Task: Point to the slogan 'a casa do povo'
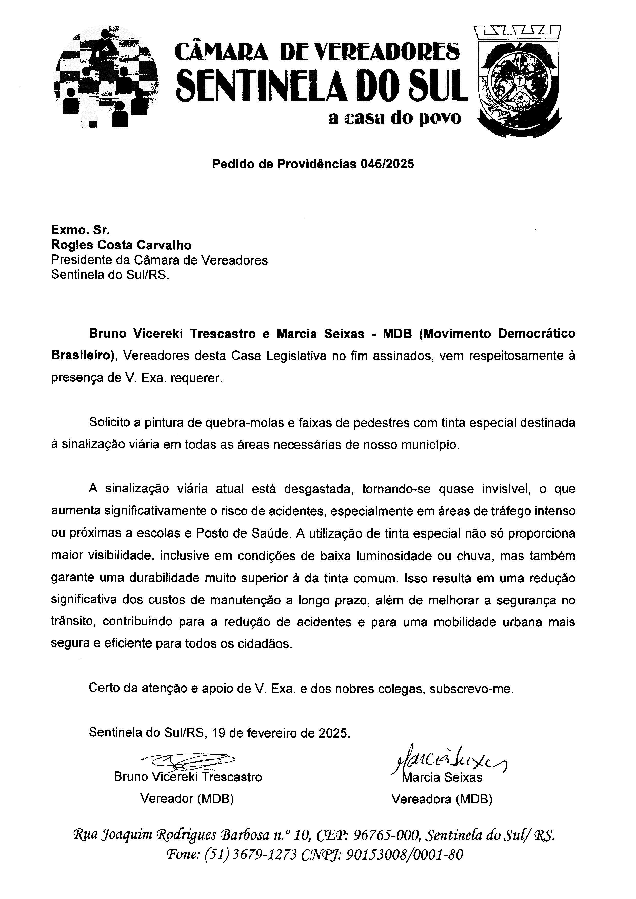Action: [x=395, y=118]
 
